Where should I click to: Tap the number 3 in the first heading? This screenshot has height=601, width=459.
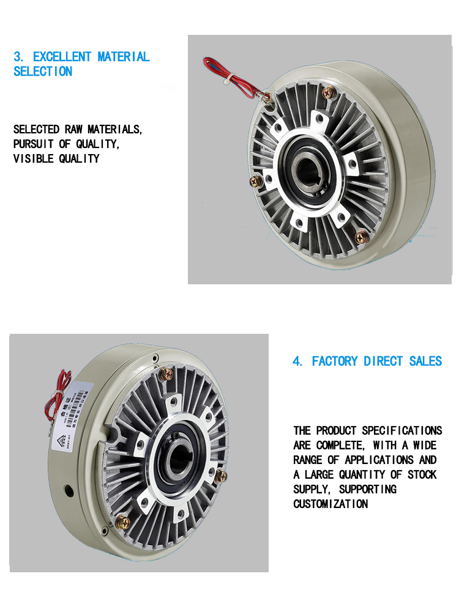(x=17, y=57)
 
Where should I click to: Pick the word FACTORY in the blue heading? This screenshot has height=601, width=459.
(x=335, y=361)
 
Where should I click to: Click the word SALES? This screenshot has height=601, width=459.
(x=425, y=361)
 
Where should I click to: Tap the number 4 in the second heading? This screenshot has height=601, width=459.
(x=297, y=361)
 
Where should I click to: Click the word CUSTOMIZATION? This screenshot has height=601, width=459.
(x=330, y=504)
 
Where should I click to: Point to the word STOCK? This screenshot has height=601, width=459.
(x=421, y=475)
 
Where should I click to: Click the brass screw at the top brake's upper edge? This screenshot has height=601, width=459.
(x=329, y=92)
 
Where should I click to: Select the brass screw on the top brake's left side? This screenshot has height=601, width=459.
(x=256, y=181)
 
